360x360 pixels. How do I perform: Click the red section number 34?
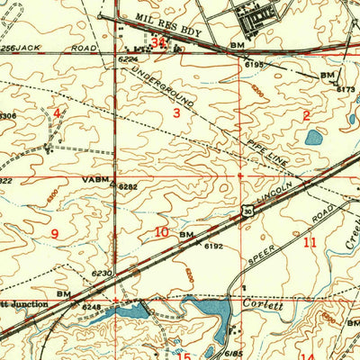(159, 41)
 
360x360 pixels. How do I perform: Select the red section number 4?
(57, 113)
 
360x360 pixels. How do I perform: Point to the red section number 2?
(306, 115)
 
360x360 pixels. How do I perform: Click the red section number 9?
(54, 234)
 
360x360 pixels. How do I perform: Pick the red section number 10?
(161, 232)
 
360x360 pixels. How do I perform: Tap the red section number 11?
(310, 242)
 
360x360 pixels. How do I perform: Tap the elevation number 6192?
(212, 244)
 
